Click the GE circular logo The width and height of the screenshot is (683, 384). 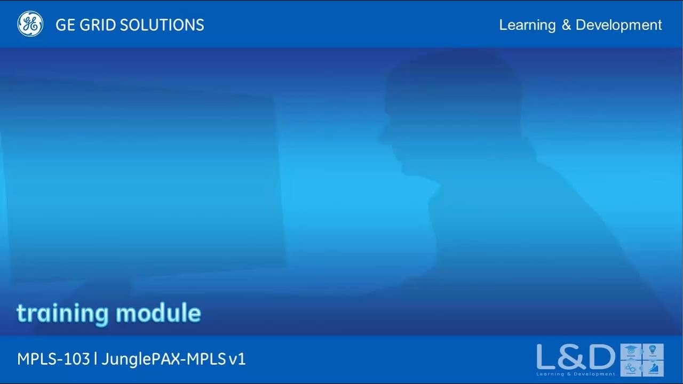pos(30,24)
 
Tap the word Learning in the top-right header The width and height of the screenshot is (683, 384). pos(527,25)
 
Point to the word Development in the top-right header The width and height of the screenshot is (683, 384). pos(619,25)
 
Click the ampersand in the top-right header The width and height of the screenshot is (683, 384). pos(566,25)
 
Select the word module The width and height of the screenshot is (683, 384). pos(158,313)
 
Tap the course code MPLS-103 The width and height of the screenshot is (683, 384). pos(53,359)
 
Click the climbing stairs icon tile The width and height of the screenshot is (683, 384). pos(653,368)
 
